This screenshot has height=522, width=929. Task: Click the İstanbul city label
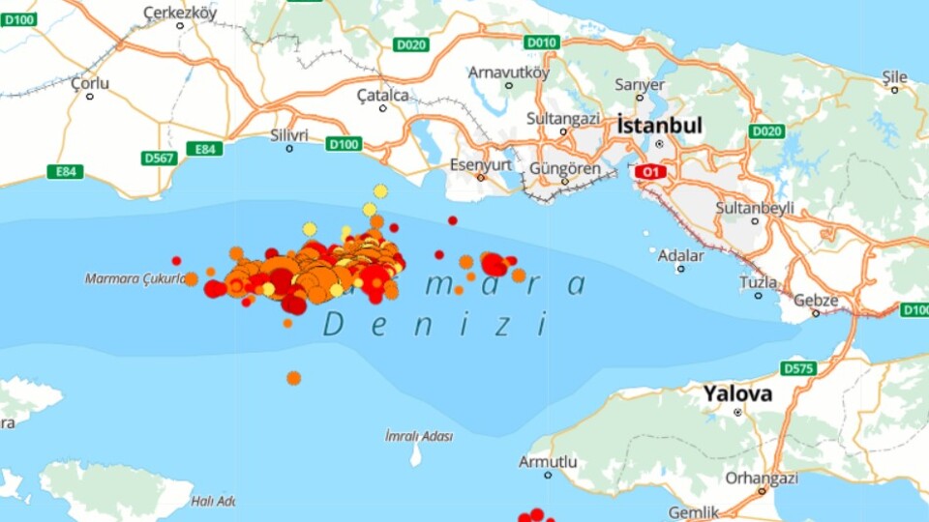click(x=659, y=126)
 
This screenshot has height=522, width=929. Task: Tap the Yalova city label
click(x=737, y=393)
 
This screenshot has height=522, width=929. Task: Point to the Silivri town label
click(x=289, y=134)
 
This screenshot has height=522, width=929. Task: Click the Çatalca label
click(x=382, y=95)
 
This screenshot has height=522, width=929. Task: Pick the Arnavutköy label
click(x=508, y=72)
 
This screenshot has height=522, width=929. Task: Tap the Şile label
click(x=894, y=76)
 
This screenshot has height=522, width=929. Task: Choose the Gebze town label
click(x=815, y=299)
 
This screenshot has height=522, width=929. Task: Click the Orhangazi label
click(x=764, y=478)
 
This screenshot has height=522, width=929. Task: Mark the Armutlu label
click(x=548, y=462)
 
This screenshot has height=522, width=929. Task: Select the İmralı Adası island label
click(x=418, y=436)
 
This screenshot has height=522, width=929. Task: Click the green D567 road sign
click(x=159, y=158)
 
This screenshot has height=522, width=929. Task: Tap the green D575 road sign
click(x=798, y=368)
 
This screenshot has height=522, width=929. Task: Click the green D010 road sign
click(x=542, y=43)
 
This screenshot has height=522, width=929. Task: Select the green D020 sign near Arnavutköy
click(x=410, y=44)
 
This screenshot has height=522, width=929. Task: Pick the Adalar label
click(x=680, y=256)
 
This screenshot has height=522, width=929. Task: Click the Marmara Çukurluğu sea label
click(x=135, y=278)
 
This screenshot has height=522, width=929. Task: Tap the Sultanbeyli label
click(x=754, y=207)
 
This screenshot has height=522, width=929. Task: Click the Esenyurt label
click(x=480, y=164)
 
